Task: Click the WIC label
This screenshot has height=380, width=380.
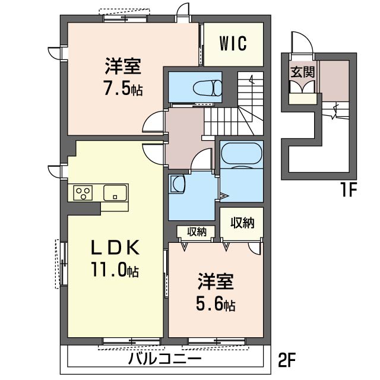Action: [x=233, y=43]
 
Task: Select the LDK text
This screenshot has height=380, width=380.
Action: [x=115, y=247]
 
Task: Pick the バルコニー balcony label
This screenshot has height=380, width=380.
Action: [x=165, y=359]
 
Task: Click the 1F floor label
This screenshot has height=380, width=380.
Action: [x=348, y=190]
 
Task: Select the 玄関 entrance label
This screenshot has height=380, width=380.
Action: [x=303, y=72]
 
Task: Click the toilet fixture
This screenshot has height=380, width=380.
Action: [x=207, y=87]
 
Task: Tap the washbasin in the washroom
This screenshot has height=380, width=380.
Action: [x=178, y=184]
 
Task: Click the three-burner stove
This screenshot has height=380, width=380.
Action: [x=83, y=193]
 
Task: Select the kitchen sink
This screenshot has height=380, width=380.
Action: [x=115, y=193]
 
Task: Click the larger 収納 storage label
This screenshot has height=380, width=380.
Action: [x=242, y=223]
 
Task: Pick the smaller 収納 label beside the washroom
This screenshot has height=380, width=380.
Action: [x=197, y=232]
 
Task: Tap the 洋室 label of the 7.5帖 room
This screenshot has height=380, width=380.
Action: [x=123, y=66]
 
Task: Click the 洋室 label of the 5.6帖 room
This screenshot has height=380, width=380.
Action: [x=216, y=282]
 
